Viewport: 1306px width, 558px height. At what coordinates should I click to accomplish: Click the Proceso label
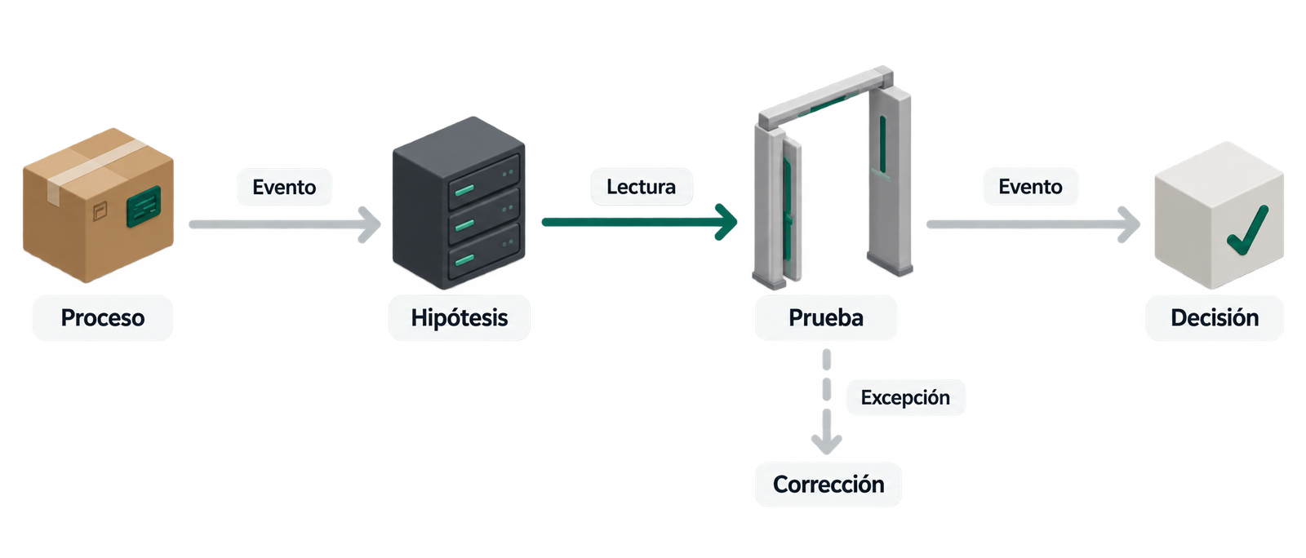pos(103,317)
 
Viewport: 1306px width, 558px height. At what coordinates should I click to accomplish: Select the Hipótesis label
pos(460,317)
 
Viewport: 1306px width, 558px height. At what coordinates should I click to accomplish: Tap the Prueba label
pos(825,317)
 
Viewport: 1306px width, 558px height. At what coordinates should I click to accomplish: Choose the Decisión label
pos(1215,317)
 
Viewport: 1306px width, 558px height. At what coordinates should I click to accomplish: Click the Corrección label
pos(828,484)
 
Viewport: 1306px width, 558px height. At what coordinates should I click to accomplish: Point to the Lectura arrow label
pos(642,186)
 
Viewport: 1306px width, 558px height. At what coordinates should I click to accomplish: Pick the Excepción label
pos(905,397)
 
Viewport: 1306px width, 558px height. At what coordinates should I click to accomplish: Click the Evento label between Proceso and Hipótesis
pos(285,187)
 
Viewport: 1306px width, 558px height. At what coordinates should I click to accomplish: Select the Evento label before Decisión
pos(1030,186)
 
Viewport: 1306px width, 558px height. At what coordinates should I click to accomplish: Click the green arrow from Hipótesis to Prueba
pos(640,222)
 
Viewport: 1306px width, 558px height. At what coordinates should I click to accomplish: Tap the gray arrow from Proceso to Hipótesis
pos(285,224)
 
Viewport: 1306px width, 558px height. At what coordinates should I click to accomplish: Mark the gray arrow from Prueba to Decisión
pos(1033,224)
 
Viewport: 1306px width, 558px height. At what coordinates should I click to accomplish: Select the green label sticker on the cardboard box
pos(144,206)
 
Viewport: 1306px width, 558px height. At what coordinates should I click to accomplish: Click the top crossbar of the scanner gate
pos(825,98)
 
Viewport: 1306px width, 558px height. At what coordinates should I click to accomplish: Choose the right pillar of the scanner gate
pos(889,180)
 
